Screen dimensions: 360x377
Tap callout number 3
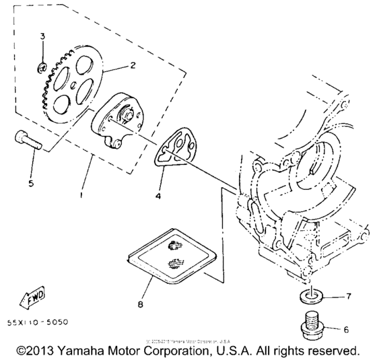pos(42,36)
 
